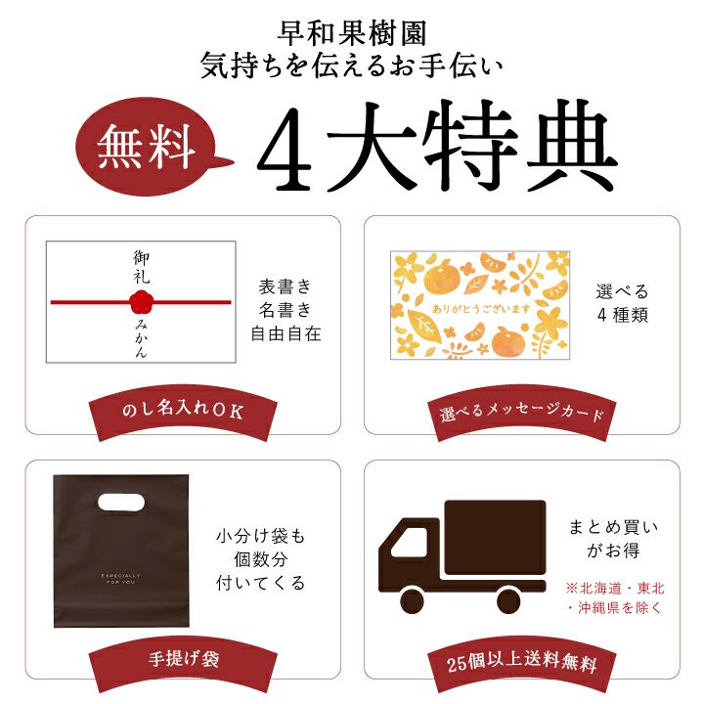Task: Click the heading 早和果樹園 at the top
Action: (x=352, y=34)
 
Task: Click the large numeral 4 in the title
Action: (x=285, y=150)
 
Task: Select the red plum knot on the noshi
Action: (x=142, y=302)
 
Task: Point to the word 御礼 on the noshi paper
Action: (x=141, y=267)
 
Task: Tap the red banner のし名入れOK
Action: (x=183, y=413)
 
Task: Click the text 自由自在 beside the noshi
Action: (x=286, y=333)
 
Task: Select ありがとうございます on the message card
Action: (x=481, y=309)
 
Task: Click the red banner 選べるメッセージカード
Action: (x=522, y=413)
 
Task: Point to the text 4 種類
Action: (x=622, y=315)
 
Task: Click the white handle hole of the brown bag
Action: (x=121, y=503)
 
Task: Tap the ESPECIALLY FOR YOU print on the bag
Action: (x=121, y=578)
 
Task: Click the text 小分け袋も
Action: (x=260, y=536)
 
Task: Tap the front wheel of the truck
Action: (x=412, y=599)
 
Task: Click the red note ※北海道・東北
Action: (x=615, y=588)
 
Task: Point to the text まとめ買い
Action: (x=613, y=527)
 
